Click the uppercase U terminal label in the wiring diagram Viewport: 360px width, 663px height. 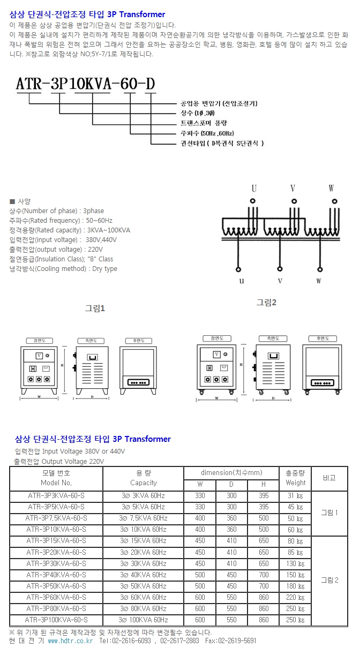point(254,189)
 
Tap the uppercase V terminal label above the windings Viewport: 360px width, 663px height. point(293,189)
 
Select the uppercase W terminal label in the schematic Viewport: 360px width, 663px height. point(331,189)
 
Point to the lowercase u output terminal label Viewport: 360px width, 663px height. point(242,281)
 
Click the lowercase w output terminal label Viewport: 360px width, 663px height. point(319,281)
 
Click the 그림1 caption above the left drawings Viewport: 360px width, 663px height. point(95,308)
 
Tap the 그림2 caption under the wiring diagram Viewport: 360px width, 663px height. point(266,303)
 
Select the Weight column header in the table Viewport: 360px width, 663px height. point(295,483)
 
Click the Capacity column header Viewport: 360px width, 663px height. point(143,483)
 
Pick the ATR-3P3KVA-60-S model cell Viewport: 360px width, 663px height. point(56,495)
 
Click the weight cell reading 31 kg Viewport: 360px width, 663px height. point(295,496)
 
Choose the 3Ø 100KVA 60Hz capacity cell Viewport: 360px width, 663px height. point(143,620)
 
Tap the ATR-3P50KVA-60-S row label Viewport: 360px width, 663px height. point(56,586)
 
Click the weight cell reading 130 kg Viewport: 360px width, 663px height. point(295,563)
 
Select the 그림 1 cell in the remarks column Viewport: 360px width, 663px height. point(329,513)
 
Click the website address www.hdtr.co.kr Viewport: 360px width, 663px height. point(70,641)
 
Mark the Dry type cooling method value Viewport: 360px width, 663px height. point(104,269)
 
